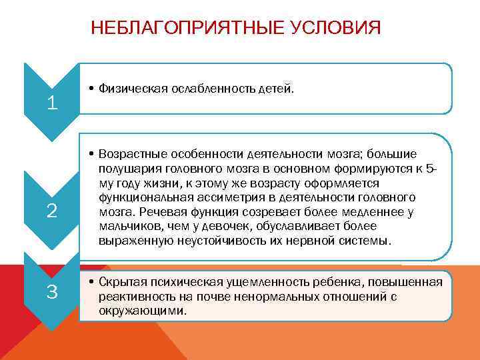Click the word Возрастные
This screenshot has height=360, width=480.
point(128,154)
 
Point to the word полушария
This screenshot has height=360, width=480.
point(125,169)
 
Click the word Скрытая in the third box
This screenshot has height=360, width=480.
point(119,282)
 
